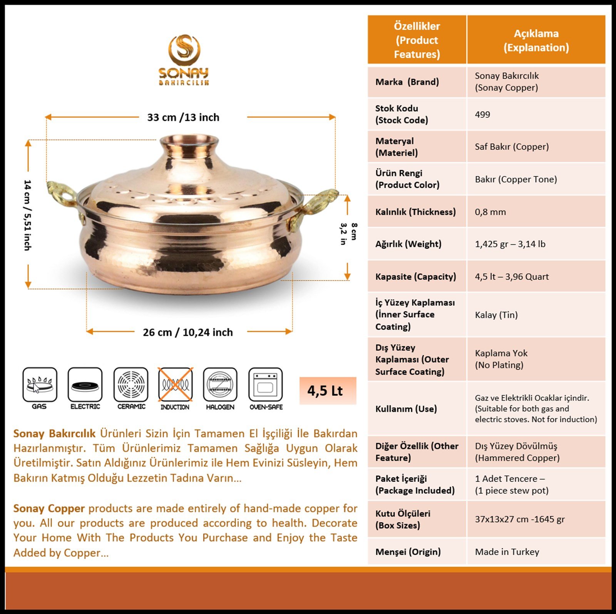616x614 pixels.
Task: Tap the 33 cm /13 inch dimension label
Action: tap(183, 117)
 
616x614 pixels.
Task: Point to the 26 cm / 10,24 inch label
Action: tap(188, 332)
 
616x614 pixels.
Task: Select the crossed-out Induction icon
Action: tap(176, 384)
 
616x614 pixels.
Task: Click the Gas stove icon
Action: tap(40, 384)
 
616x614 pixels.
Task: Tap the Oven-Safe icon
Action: tap(266, 384)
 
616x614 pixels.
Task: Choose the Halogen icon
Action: tap(220, 384)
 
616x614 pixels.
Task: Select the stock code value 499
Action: tap(482, 114)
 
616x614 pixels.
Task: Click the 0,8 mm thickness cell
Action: tap(490, 212)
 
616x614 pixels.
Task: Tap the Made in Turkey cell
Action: tap(507, 552)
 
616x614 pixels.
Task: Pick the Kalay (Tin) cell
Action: tap(496, 315)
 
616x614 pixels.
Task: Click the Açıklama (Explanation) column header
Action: tap(536, 40)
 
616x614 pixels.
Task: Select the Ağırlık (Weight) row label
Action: tap(408, 244)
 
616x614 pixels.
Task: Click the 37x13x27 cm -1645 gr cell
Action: tap(520, 519)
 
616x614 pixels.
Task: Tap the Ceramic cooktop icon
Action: tap(131, 384)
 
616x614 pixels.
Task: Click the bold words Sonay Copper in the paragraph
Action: tap(49, 509)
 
